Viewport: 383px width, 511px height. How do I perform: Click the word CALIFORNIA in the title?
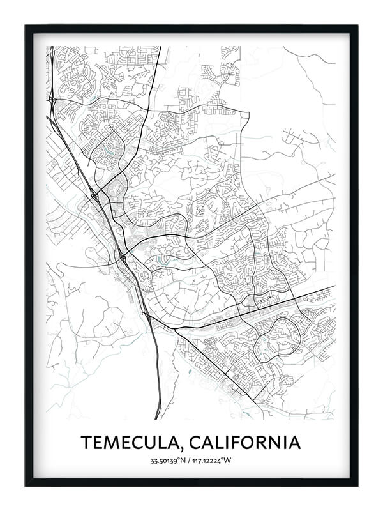246,442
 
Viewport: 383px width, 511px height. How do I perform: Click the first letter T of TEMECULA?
86,442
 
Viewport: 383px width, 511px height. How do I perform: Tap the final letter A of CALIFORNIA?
294,442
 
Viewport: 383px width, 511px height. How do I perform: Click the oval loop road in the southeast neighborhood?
277,337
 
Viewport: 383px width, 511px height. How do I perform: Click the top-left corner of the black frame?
26,26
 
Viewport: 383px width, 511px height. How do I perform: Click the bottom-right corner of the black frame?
357,485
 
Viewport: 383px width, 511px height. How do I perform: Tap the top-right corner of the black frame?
357,26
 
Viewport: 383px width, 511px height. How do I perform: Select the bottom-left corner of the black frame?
26,485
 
